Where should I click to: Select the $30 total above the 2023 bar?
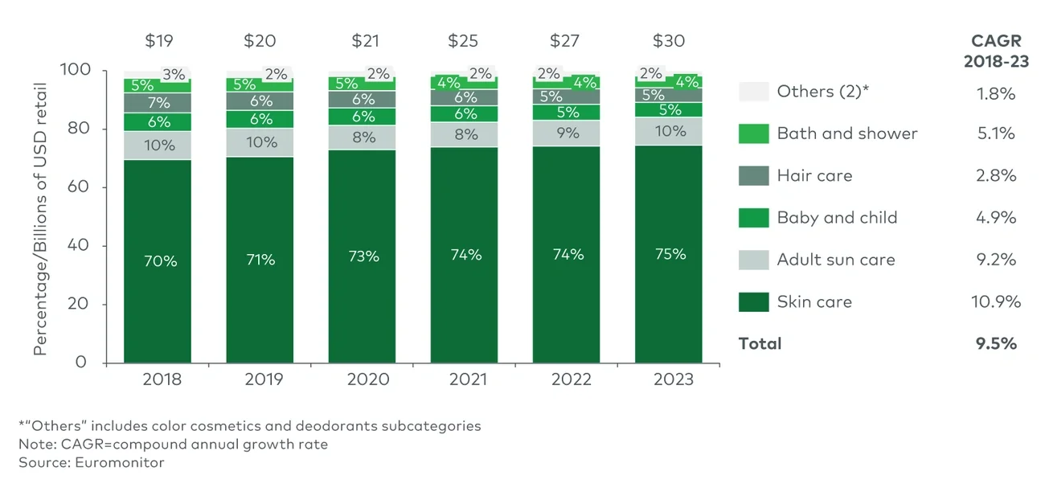(669, 41)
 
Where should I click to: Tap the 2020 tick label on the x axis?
(362, 379)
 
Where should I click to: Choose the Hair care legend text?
(814, 175)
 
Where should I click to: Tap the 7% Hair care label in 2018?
(158, 103)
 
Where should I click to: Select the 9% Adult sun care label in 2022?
(568, 133)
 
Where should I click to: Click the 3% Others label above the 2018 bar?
(174, 75)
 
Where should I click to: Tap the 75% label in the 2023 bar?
(670, 254)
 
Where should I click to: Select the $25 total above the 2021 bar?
(465, 41)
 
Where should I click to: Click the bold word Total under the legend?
(760, 343)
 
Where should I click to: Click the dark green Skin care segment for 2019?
(260, 306)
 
